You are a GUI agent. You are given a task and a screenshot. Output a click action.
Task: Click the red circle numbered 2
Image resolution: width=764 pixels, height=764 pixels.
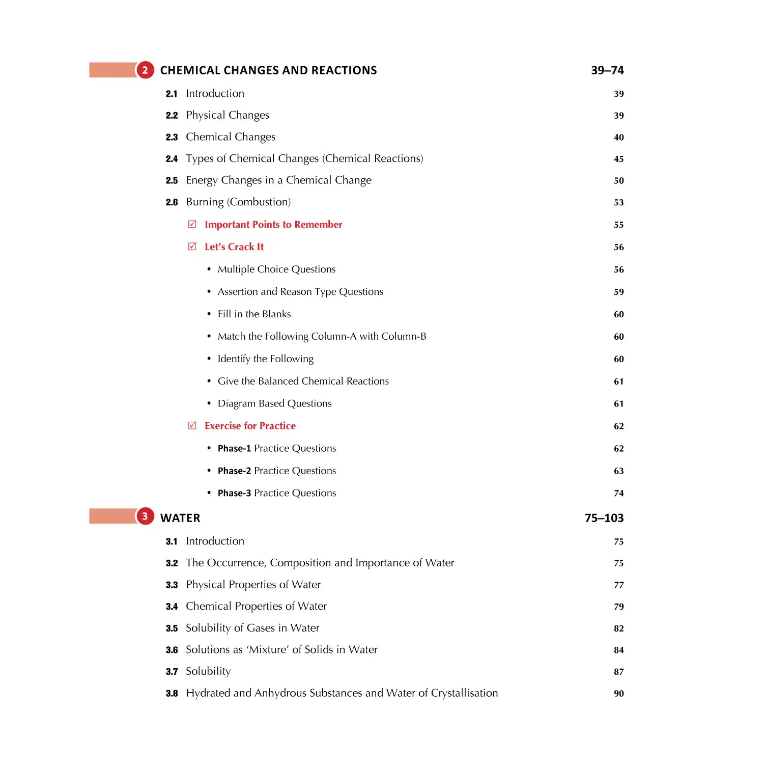click(x=145, y=70)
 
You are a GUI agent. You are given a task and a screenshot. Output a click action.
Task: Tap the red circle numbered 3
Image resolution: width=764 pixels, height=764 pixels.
click(x=145, y=516)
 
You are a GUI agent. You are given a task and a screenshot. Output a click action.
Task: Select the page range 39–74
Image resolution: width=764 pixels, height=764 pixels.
click(x=607, y=70)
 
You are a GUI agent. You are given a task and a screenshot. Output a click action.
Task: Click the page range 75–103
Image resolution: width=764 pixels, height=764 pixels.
click(x=604, y=518)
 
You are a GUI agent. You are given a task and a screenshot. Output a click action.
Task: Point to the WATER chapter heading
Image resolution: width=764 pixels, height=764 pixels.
click(x=180, y=518)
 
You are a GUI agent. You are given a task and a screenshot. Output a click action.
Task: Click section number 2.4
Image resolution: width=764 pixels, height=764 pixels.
click(x=172, y=159)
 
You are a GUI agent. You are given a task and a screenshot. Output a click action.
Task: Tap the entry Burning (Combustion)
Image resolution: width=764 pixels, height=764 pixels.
click(x=238, y=202)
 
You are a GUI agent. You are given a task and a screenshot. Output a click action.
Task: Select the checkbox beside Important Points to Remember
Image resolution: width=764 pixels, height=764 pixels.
click(x=192, y=224)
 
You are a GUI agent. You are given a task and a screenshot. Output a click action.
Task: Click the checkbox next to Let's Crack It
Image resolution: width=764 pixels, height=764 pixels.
click(x=192, y=247)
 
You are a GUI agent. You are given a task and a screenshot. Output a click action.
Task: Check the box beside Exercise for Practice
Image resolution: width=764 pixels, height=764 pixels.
click(x=192, y=425)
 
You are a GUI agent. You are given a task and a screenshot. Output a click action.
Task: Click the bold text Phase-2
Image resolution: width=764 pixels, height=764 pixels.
click(x=234, y=471)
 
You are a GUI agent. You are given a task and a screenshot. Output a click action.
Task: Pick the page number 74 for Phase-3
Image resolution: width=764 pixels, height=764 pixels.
click(x=618, y=493)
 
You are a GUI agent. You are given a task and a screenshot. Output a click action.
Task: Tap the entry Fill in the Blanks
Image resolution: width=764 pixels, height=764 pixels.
click(x=254, y=314)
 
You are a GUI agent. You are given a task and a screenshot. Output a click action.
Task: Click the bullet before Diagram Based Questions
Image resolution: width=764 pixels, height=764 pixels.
click(x=209, y=403)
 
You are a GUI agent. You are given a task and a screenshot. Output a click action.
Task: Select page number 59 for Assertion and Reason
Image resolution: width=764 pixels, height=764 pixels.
click(x=618, y=292)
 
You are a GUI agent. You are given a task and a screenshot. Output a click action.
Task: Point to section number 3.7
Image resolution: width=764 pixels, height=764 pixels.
click(x=172, y=672)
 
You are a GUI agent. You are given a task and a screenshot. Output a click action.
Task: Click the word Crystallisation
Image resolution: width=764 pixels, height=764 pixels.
click(x=464, y=693)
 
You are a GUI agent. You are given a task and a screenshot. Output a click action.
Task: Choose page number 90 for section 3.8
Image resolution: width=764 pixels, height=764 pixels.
click(x=618, y=693)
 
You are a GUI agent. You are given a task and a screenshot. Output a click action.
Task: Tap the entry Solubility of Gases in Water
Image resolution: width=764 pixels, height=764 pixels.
click(x=252, y=628)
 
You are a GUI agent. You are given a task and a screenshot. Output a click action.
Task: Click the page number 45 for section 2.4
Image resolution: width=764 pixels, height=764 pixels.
click(x=618, y=159)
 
